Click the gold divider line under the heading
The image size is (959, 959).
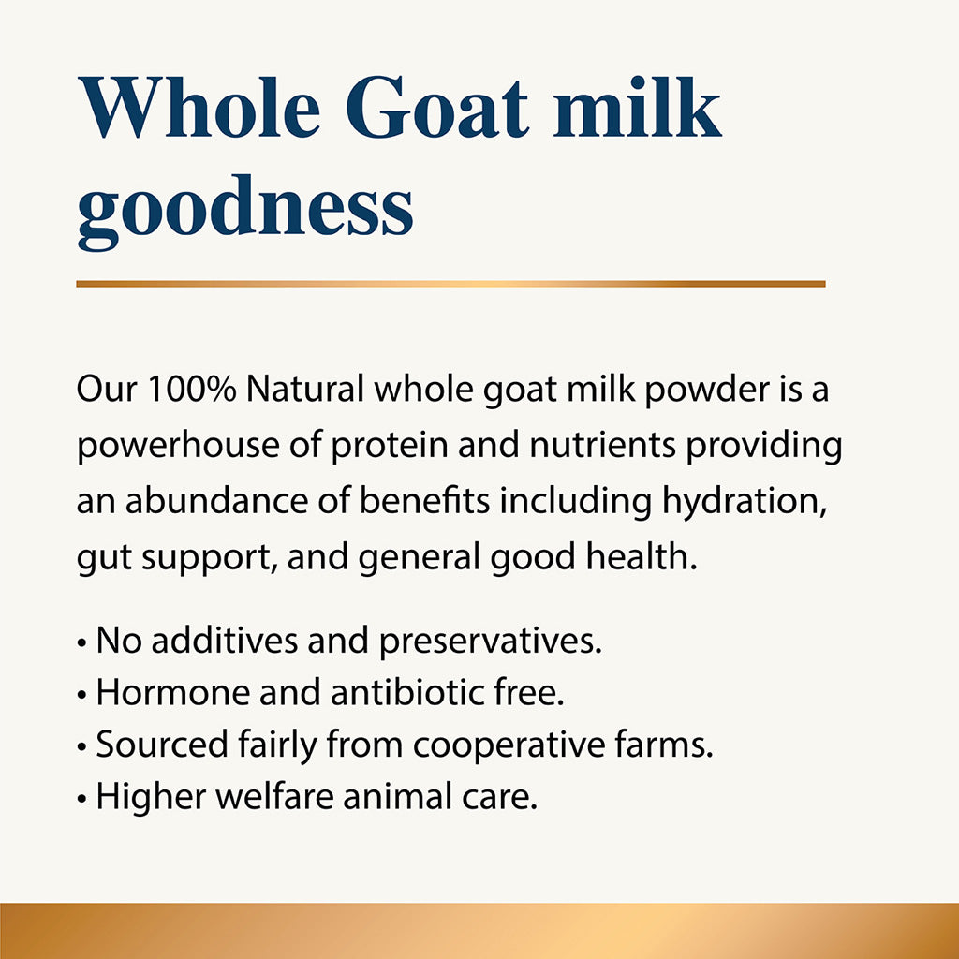[x=450, y=283]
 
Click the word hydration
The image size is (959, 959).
[x=745, y=502]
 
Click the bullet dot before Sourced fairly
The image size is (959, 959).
[x=83, y=746]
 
